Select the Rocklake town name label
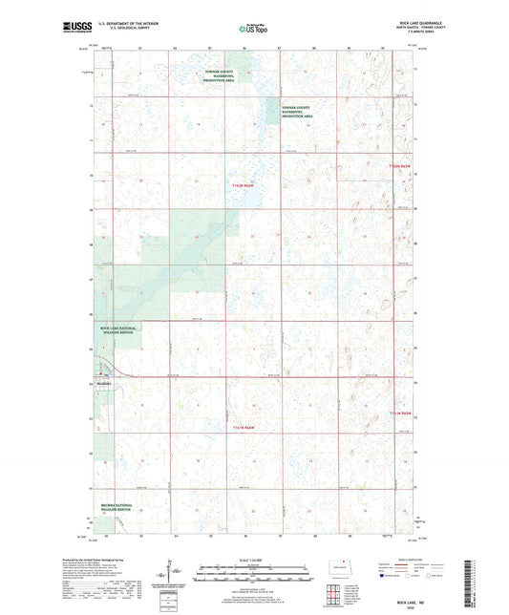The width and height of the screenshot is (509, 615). (x=104, y=385)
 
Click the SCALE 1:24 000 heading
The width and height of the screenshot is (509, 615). (x=254, y=560)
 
